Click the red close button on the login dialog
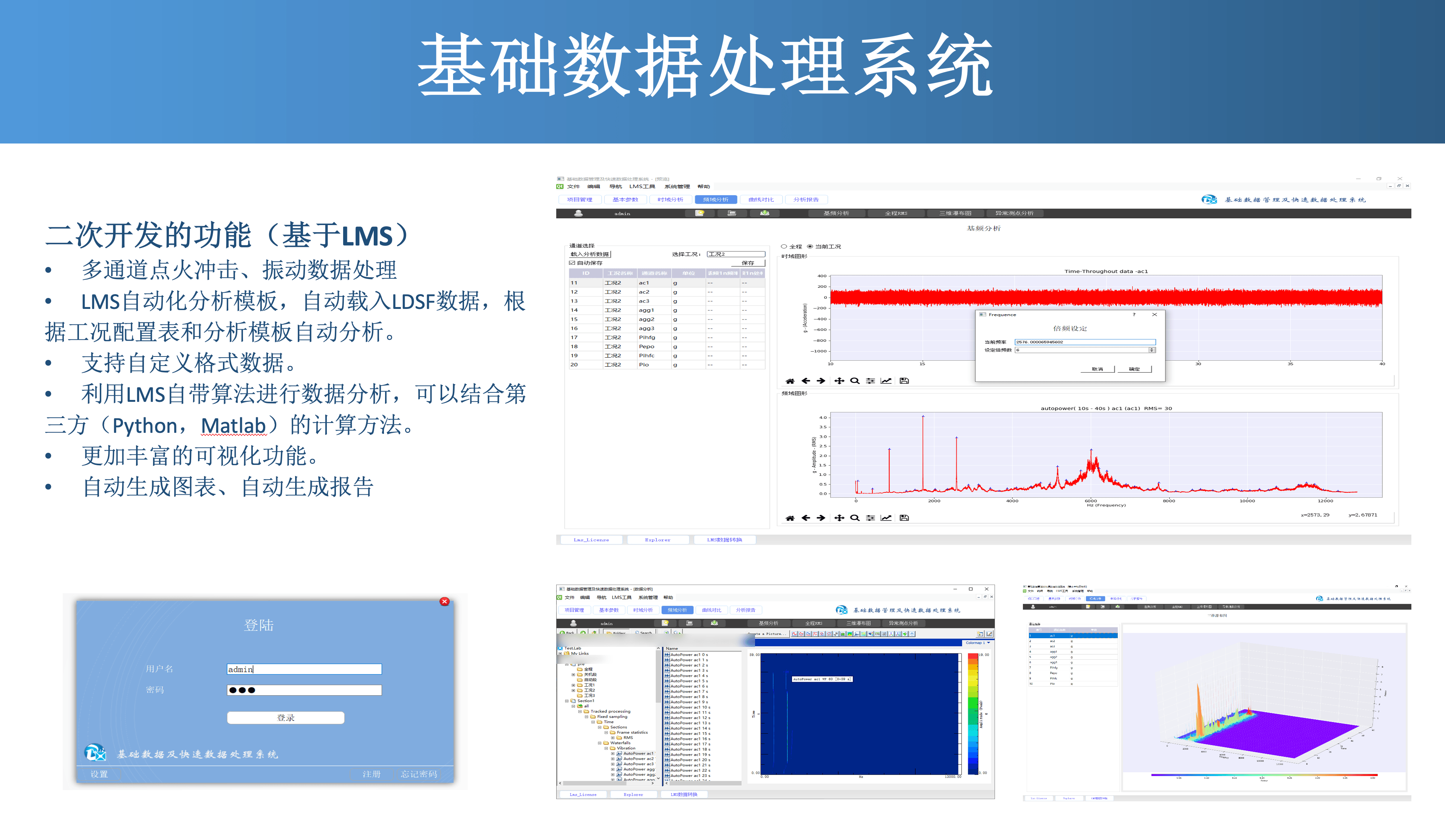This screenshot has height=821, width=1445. click(445, 602)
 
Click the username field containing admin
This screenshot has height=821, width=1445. click(304, 669)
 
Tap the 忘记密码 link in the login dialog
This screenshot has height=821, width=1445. click(419, 774)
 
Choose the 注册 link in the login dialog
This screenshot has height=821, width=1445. click(371, 774)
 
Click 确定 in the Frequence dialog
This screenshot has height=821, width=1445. click(1134, 369)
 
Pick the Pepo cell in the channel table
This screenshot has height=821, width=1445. click(647, 347)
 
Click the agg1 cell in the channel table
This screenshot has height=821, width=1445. click(647, 310)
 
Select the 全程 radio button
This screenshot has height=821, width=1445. click(784, 246)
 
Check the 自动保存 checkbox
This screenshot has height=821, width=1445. click(572, 263)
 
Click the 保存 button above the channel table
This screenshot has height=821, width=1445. click(747, 263)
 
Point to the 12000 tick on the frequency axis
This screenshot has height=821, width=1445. click(1325, 501)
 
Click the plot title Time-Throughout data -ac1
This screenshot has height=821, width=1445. click(1106, 271)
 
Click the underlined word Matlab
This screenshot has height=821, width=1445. click(234, 425)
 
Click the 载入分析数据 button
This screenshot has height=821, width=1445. click(589, 254)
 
